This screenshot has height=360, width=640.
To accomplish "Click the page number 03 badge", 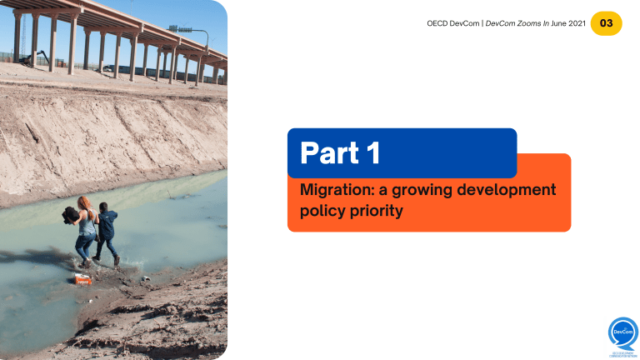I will [606, 23].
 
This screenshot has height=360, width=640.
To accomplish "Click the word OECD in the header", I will [427, 23].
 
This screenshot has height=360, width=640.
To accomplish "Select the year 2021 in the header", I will [573, 23].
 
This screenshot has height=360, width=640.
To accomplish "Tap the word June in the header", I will [552, 23].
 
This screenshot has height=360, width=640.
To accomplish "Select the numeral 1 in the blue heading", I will [372, 152].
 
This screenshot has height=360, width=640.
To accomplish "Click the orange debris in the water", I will [82, 280].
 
